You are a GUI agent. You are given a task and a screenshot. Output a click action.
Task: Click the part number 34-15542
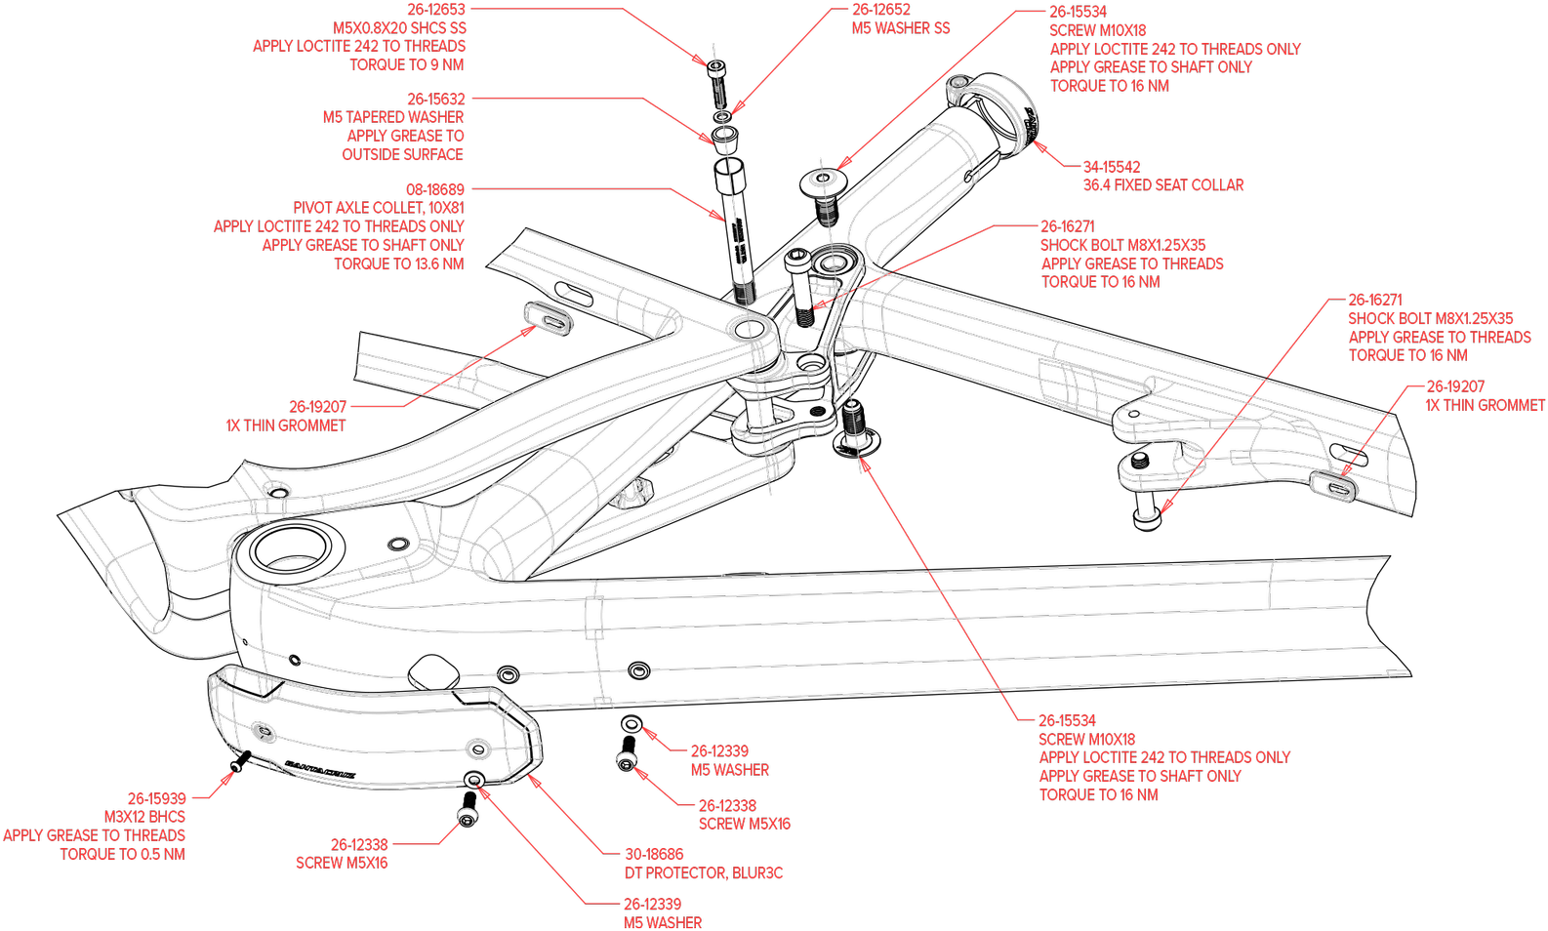pyautogui.click(x=1111, y=167)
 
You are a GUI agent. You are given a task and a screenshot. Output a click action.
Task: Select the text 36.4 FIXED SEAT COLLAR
pyautogui.click(x=1162, y=185)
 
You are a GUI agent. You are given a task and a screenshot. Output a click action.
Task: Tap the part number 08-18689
pyautogui.click(x=435, y=189)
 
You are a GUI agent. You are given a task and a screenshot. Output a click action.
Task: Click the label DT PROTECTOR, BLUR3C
pyautogui.click(x=703, y=873)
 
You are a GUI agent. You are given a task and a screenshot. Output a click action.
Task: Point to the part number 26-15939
pyautogui.click(x=156, y=798)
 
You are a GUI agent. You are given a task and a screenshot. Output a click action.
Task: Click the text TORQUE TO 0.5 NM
pyautogui.click(x=122, y=855)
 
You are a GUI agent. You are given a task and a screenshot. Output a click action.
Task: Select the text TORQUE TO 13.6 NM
pyautogui.click(x=398, y=264)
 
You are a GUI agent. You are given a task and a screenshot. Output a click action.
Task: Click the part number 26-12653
pyautogui.click(x=436, y=10)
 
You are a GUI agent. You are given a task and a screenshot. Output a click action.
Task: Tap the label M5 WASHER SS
pyautogui.click(x=900, y=28)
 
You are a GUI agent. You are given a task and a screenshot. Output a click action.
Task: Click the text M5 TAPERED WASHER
pyautogui.click(x=393, y=117)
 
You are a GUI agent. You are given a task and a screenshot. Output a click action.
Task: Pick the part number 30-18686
pyautogui.click(x=654, y=855)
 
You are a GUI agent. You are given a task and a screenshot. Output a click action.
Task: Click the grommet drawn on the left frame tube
pyautogui.click(x=548, y=318)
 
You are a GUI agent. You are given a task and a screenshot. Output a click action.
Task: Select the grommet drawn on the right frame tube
pyautogui.click(x=1333, y=484)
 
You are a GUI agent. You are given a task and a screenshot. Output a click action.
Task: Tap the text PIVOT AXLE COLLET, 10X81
pyautogui.click(x=379, y=208)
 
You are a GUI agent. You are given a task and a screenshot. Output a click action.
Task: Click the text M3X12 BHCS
pyautogui.click(x=144, y=817)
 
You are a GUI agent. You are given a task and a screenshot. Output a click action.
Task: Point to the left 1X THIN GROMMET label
pyautogui.click(x=285, y=425)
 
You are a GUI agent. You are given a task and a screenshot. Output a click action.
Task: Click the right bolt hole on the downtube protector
pyautogui.click(x=477, y=749)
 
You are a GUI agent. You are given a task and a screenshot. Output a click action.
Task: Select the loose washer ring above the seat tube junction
pyautogui.click(x=822, y=180)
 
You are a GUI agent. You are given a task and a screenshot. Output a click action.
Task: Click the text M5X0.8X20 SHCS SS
pyautogui.click(x=399, y=28)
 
